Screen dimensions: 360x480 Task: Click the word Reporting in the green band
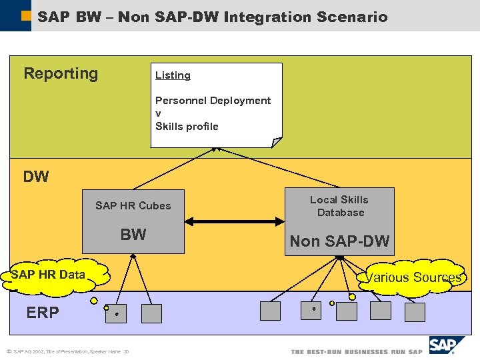pyautogui.click(x=61, y=74)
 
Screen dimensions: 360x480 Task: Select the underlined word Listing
pyautogui.click(x=173, y=75)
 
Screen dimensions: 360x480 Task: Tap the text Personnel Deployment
pyautogui.click(x=213, y=101)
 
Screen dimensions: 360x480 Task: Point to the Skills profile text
pyautogui.click(x=187, y=126)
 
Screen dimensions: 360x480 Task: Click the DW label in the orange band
pyautogui.click(x=36, y=177)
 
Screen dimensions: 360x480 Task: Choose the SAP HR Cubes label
pyautogui.click(x=133, y=205)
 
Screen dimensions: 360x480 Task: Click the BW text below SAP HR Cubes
pyautogui.click(x=133, y=235)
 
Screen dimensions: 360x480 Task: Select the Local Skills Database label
pyautogui.click(x=339, y=206)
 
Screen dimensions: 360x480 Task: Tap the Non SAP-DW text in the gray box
pyautogui.click(x=339, y=241)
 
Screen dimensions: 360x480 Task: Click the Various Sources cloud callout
pyautogui.click(x=413, y=277)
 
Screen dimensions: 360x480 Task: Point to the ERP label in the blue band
pyautogui.click(x=43, y=313)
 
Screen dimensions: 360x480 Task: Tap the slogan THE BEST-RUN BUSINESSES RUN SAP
pyautogui.click(x=357, y=352)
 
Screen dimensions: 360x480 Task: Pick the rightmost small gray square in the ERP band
pyautogui.click(x=415, y=312)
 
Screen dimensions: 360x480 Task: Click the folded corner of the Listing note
pyautogui.click(x=277, y=142)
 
